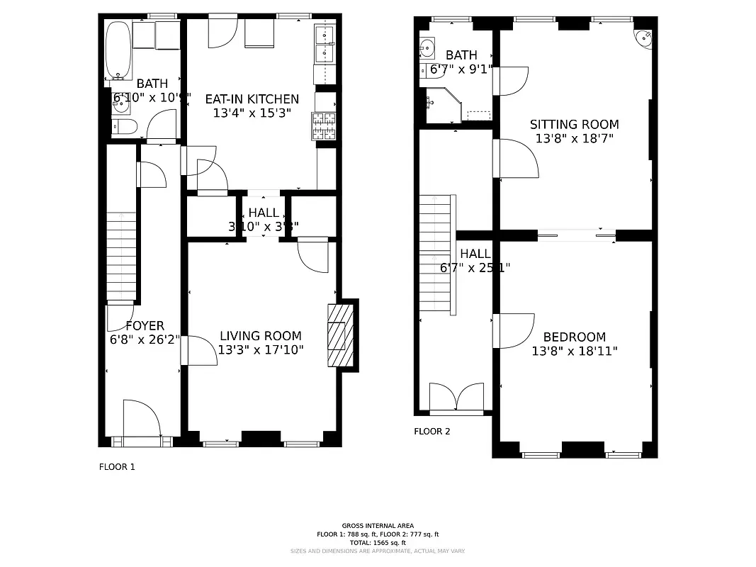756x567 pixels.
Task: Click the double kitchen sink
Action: tap(325, 43)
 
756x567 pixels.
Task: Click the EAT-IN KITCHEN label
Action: tap(252, 99)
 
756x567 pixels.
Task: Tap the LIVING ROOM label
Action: tap(260, 336)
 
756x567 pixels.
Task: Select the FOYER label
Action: tap(145, 326)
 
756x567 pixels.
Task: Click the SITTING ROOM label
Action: tap(575, 125)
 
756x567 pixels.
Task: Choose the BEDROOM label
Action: tap(575, 337)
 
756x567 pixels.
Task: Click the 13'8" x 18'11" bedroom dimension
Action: tap(575, 351)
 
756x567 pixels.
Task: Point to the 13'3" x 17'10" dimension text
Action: tap(261, 349)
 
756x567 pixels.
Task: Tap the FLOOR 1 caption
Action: tap(116, 467)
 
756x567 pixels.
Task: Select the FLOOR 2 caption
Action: tap(432, 431)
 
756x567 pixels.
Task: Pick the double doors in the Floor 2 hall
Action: tap(457, 398)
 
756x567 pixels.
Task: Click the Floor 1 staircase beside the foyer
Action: tap(121, 255)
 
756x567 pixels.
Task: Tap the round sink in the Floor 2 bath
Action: tap(427, 47)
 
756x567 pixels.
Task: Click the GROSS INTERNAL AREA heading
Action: tap(378, 526)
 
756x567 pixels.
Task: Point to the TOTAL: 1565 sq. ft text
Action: tap(378, 542)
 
